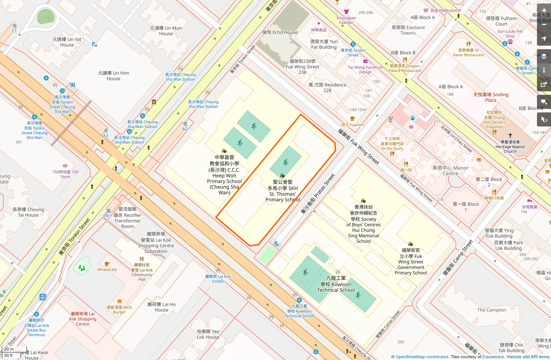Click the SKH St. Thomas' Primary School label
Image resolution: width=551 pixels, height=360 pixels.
[x=283, y=191]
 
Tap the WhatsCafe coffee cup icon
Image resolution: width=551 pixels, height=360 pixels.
[x=107, y=264]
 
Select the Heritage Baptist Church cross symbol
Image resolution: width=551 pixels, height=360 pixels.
[x=510, y=135]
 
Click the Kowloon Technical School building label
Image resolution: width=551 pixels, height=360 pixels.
[x=336, y=284]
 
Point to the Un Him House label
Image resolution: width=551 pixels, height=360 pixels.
[x=113, y=76]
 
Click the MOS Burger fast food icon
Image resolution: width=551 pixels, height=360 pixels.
[x=119, y=301]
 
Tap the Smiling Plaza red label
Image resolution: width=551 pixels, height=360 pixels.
[x=491, y=97]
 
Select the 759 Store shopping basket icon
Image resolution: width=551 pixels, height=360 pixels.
[x=65, y=166]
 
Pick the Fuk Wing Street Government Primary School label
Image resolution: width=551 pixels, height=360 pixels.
[x=411, y=261]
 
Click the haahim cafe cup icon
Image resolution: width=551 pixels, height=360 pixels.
[x=352, y=119]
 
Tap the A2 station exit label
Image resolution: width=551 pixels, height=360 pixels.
[x=185, y=129]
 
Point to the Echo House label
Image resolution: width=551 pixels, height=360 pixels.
[x=280, y=32]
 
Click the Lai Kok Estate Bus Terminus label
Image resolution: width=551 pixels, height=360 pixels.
[x=37, y=328]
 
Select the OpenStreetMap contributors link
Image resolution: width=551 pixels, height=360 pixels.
[x=422, y=357]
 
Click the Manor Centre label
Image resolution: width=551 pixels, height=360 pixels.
[x=450, y=171]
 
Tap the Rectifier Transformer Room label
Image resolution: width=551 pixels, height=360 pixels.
[x=128, y=218]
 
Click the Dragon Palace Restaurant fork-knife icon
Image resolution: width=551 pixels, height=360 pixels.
[x=405, y=60]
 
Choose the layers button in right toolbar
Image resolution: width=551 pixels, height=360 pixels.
[x=544, y=56]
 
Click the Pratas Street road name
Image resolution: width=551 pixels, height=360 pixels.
[x=318, y=194]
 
